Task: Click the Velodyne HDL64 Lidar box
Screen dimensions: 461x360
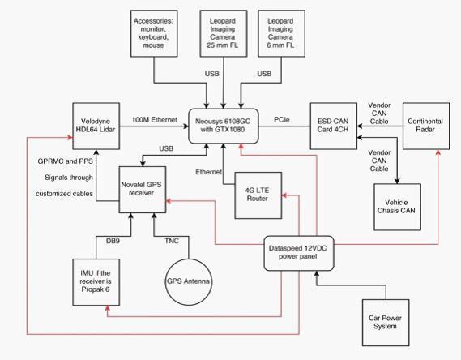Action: (x=96, y=126)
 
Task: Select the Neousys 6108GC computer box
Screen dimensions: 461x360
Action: (x=224, y=126)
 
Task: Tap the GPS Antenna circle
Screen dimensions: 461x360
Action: (x=189, y=282)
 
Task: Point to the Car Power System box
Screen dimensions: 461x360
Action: (x=386, y=323)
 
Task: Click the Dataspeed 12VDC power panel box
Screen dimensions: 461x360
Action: (x=299, y=253)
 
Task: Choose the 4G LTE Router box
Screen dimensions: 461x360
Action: (x=258, y=195)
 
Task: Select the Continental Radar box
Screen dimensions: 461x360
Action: (x=426, y=126)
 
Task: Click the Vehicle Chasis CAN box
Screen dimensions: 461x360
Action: (x=397, y=207)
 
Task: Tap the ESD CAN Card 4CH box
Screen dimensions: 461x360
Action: (x=334, y=126)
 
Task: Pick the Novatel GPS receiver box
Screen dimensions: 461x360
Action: (x=143, y=190)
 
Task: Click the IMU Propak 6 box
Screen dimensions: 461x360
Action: (x=96, y=282)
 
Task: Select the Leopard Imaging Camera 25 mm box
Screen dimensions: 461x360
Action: (x=224, y=33)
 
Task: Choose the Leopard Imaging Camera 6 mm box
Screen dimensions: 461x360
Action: (x=281, y=33)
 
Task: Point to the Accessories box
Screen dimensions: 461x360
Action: (x=154, y=33)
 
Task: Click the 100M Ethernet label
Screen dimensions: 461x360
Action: (x=155, y=120)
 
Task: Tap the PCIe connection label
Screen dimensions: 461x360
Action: (x=282, y=120)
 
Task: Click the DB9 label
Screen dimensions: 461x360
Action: (x=113, y=241)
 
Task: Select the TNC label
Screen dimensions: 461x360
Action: (x=172, y=241)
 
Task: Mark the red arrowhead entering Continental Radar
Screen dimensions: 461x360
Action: (x=438, y=152)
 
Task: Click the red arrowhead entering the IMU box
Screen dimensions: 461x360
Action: (x=107, y=308)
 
